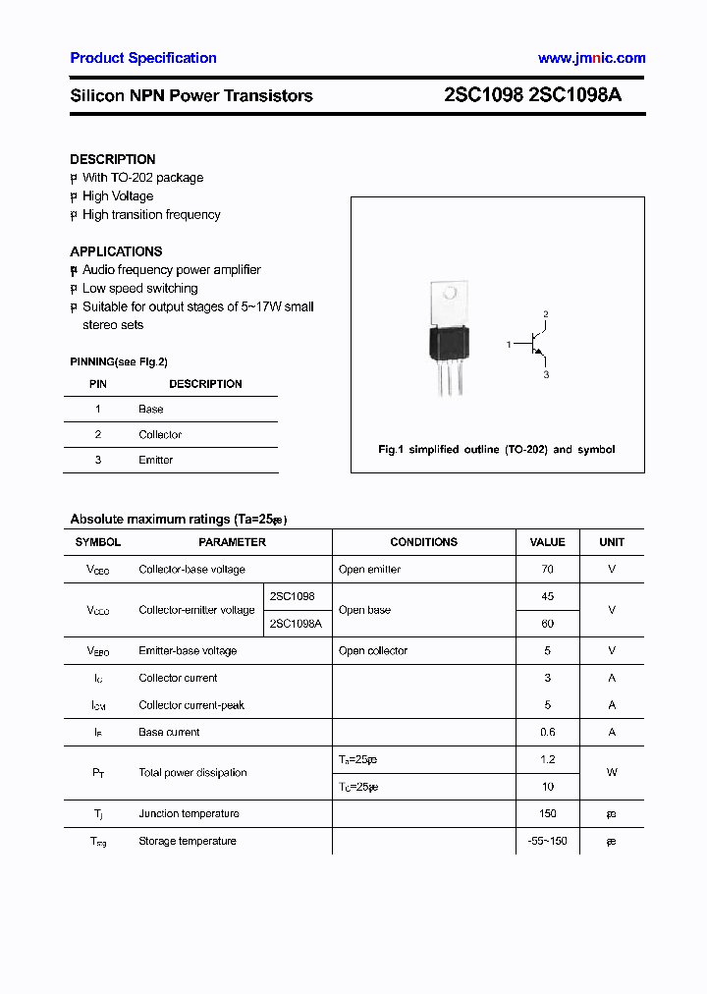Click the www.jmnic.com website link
591,58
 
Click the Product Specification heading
143,58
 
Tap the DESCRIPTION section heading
112,159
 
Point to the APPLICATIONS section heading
116,251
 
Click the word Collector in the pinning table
160,434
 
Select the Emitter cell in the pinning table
156,460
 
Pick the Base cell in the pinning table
151,409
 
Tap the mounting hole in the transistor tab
451,293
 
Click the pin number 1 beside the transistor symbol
509,345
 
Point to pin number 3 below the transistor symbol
546,375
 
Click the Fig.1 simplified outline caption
497,449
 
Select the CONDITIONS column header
423,542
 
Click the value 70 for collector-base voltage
547,570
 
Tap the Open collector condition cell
373,651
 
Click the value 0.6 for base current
547,732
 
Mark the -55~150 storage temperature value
547,841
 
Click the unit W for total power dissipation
611,773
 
